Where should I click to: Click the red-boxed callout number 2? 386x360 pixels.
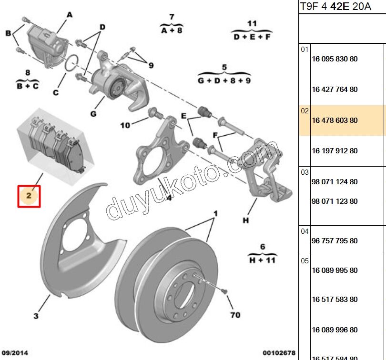point(29,196)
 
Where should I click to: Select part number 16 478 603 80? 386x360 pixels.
point(335,120)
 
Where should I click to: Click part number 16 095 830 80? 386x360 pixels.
point(335,59)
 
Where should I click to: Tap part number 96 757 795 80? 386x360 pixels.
point(335,240)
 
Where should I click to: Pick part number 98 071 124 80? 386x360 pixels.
point(335,181)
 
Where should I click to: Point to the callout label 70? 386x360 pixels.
point(235,315)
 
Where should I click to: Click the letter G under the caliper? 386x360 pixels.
point(93,114)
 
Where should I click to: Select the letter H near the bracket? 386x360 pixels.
point(245,220)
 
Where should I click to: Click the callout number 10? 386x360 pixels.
point(125,125)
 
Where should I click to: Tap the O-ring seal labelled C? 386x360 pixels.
point(72,63)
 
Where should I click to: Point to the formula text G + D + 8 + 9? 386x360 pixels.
point(224,80)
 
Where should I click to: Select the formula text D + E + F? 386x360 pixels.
point(252,37)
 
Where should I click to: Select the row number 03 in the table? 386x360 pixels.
point(305,172)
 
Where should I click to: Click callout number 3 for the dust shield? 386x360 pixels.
point(36,316)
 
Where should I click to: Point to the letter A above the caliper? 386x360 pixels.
point(70,15)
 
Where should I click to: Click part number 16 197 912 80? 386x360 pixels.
point(335,151)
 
